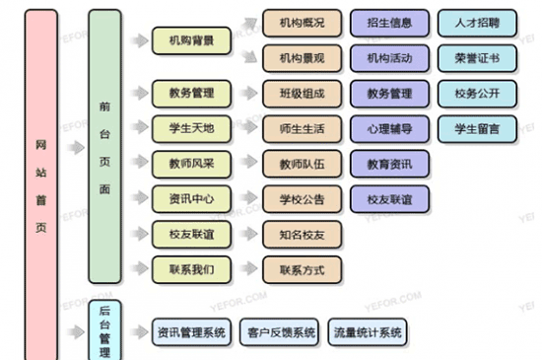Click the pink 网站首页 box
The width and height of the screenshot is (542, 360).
coord(39,182)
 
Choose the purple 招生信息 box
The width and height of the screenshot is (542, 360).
coord(389,23)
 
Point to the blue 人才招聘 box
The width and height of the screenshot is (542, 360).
coord(477,23)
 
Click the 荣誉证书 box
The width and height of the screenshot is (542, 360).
coord(477,58)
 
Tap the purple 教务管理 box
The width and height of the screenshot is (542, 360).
coord(389,95)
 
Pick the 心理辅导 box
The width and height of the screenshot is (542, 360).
coord(389,129)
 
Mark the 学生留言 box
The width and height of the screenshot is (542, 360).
coord(477,129)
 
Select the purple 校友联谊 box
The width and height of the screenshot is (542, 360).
coord(389,198)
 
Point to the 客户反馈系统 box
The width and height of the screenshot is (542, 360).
coord(279,332)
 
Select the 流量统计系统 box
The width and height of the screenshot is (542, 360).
coord(367,332)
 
